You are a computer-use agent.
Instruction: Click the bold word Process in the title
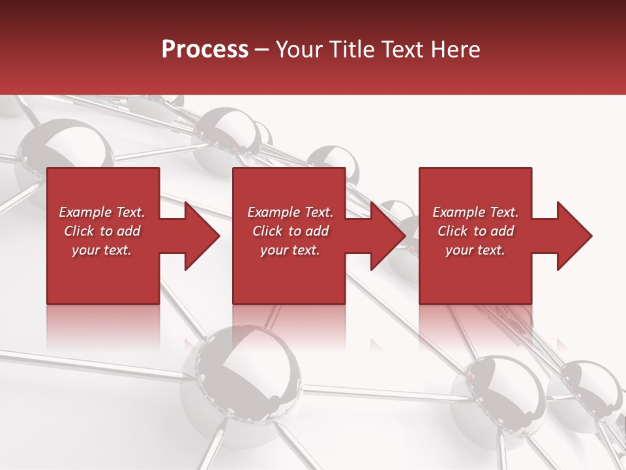coord(205,50)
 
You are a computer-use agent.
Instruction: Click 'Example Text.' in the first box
coord(102,212)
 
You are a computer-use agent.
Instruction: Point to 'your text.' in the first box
coord(102,250)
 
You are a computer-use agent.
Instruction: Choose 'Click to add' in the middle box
coord(290,231)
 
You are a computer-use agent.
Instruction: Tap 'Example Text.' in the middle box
coord(290,212)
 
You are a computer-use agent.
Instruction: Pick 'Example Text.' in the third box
coord(475,212)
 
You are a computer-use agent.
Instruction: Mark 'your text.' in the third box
coord(475,250)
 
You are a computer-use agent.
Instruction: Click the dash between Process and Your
coord(262,50)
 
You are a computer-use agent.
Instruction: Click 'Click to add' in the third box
coord(475,231)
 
